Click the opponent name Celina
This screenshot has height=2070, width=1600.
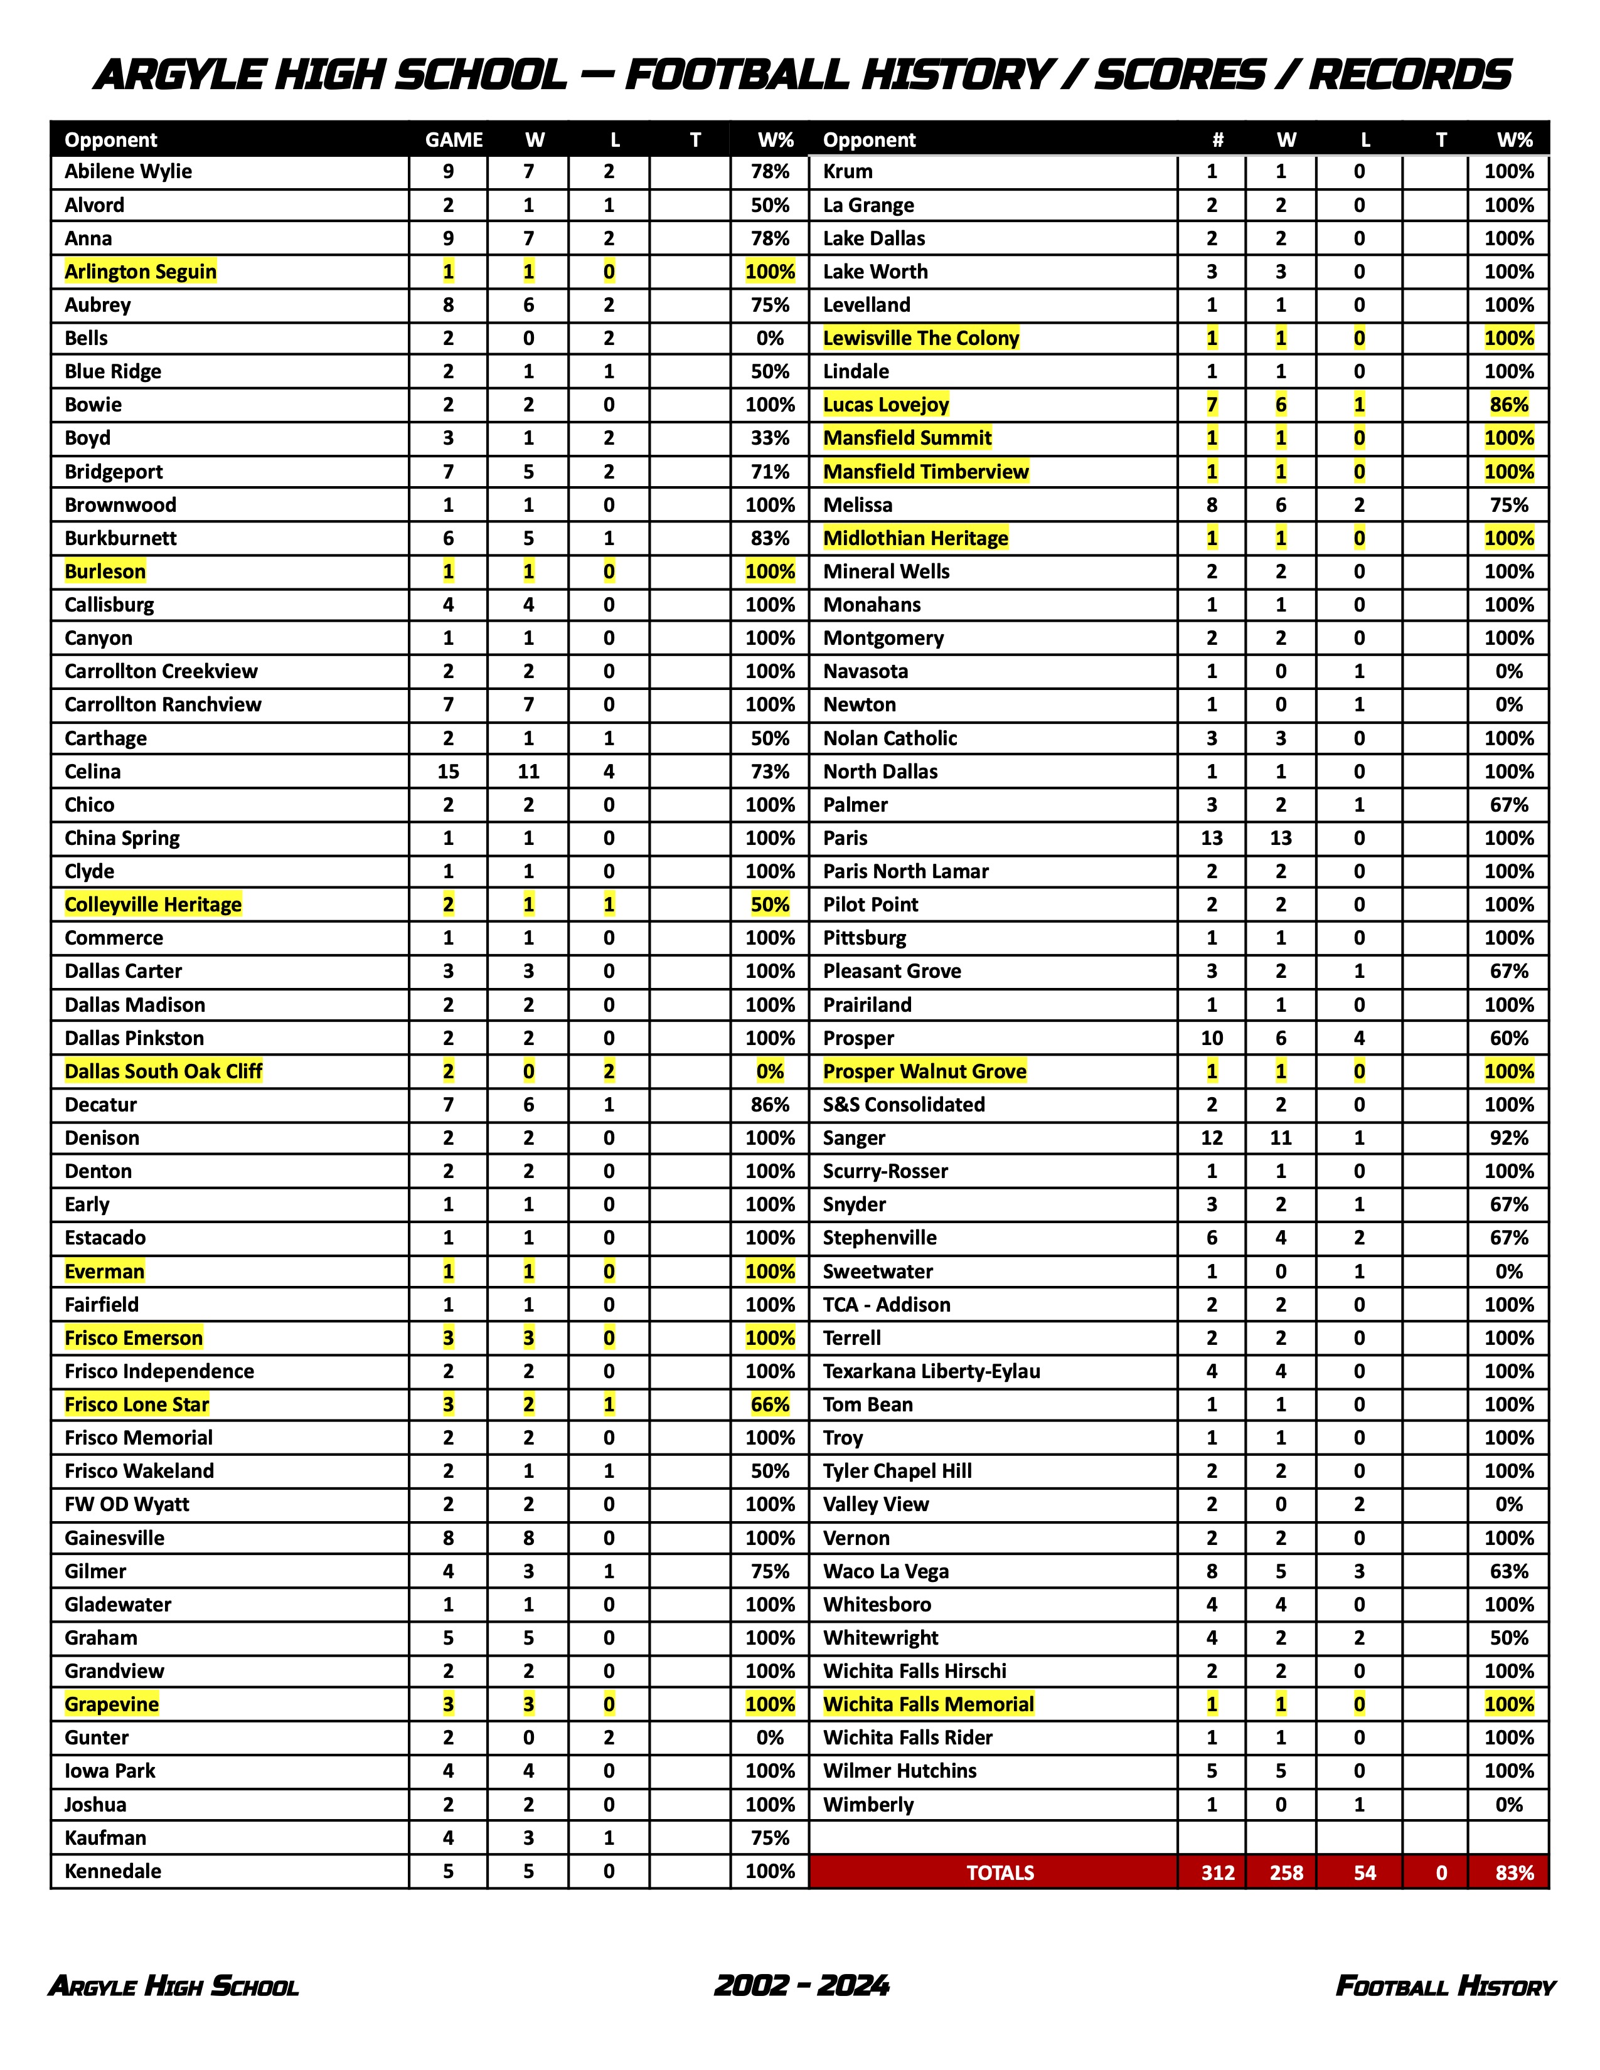pos(93,772)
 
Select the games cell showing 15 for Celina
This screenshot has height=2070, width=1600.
pos(449,772)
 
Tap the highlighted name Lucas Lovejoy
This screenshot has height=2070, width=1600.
pos(885,405)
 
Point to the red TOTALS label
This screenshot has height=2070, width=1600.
pos(1000,1873)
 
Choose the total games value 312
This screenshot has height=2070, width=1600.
pos(1218,1873)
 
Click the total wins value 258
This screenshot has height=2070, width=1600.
pos(1286,1873)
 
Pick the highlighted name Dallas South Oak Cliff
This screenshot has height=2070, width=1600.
pos(163,1071)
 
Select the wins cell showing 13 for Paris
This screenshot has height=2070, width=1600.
pos(1281,838)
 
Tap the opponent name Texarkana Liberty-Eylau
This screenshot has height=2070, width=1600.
pos(931,1371)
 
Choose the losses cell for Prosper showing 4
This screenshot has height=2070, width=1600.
pos(1359,1038)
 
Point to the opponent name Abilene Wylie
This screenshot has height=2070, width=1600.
pos(128,171)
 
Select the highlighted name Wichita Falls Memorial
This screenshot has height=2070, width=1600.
pos(928,1704)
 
